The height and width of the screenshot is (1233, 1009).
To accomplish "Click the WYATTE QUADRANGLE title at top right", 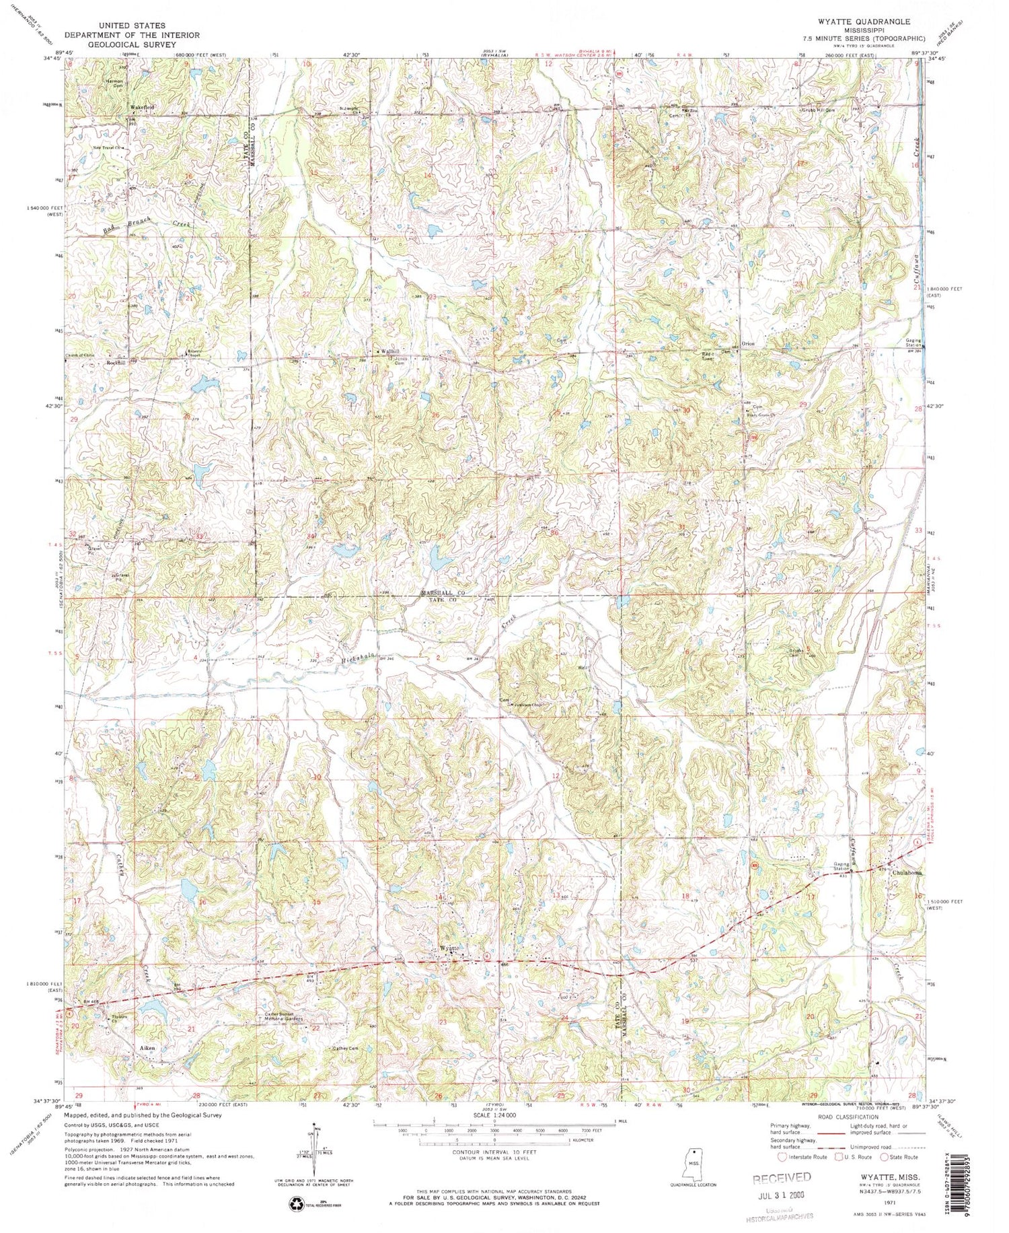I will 868,22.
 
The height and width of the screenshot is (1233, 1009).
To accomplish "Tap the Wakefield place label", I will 143,107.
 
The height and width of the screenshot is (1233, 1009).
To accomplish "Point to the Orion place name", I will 747,344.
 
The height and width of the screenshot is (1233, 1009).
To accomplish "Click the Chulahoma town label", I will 907,873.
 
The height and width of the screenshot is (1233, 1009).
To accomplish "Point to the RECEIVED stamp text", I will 782,1178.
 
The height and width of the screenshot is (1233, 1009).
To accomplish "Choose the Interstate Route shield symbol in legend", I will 782,1157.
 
